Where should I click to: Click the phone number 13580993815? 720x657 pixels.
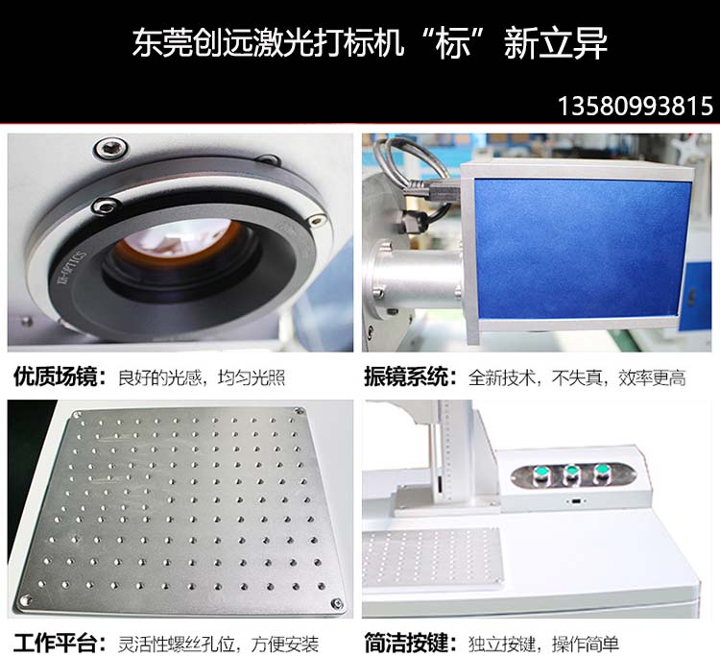pos(636,107)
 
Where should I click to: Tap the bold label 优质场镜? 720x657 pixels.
pos(55,377)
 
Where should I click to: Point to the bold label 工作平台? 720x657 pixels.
pos(55,643)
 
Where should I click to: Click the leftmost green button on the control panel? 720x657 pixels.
pos(540,474)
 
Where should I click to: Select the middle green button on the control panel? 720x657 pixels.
pos(571,473)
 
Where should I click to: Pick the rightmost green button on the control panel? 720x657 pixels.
pos(602,471)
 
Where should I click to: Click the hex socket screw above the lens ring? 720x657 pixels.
pos(110,148)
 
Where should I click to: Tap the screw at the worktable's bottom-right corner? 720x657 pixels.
pos(337,603)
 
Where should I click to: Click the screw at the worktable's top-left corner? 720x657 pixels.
pos(77,415)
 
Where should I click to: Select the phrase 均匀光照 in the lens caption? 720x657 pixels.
pos(252,377)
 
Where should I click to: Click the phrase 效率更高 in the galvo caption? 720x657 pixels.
pos(652,377)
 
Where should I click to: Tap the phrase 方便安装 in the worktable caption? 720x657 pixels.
pos(285,644)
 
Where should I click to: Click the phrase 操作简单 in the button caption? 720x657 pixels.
pos(586,644)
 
